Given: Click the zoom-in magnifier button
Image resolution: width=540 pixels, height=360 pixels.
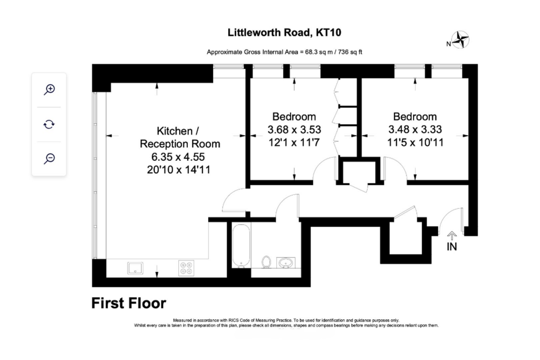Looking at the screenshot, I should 49,89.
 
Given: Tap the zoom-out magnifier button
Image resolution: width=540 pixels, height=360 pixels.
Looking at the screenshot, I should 49,158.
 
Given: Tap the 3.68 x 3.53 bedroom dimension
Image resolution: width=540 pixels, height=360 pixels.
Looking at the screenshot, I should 294,129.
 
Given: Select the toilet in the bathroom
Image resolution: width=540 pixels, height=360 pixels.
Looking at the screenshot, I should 266,261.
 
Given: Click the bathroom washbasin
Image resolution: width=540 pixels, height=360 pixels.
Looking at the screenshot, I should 286,261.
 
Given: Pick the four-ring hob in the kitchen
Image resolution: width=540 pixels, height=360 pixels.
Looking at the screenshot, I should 186,268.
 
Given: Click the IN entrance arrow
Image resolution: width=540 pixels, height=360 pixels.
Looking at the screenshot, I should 451,235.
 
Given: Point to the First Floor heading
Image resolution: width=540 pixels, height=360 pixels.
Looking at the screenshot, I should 129,303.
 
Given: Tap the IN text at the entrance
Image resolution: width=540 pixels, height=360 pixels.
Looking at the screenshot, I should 452,247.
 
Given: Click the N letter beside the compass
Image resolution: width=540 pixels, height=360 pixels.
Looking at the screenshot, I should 448,44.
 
